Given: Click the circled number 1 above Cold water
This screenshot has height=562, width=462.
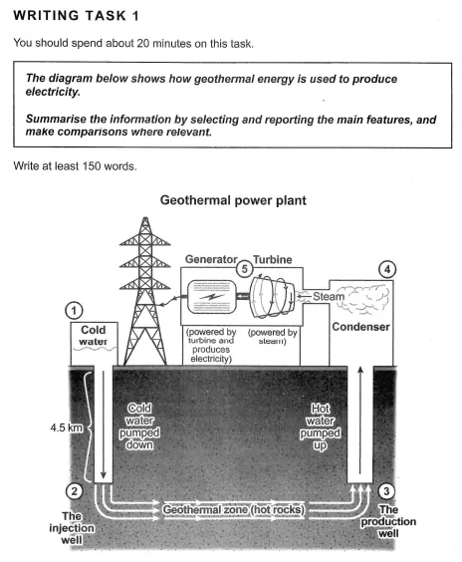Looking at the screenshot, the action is pyautogui.click(x=74, y=310).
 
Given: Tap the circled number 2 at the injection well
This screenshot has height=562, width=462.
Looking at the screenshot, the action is pyautogui.click(x=74, y=491).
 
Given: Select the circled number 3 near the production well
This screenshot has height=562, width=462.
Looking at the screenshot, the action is pyautogui.click(x=386, y=491).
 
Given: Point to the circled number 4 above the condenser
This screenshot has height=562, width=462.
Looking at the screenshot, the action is pyautogui.click(x=387, y=269).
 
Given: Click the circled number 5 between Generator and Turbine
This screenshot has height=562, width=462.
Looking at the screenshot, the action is pyautogui.click(x=245, y=268).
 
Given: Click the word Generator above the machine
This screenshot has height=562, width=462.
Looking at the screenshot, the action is pyautogui.click(x=211, y=259).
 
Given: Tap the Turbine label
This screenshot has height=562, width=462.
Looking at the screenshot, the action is pyautogui.click(x=273, y=259).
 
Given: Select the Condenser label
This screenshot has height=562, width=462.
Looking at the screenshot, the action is pyautogui.click(x=360, y=327).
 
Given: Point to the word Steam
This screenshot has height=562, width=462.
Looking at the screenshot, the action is pyautogui.click(x=329, y=296).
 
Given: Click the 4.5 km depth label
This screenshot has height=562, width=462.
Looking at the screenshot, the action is pyautogui.click(x=67, y=427).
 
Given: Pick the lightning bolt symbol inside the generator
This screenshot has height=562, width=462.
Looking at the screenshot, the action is pyautogui.click(x=212, y=297).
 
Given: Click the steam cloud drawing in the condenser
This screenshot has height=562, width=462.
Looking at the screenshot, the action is pyautogui.click(x=362, y=299).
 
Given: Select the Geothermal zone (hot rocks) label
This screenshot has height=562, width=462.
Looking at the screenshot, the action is pyautogui.click(x=234, y=509).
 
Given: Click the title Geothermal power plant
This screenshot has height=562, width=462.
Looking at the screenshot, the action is pyautogui.click(x=233, y=200).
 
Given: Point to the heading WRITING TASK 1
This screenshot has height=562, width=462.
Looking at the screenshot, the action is pyautogui.click(x=76, y=16).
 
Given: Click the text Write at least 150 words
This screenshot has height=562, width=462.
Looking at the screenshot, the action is pyautogui.click(x=76, y=166).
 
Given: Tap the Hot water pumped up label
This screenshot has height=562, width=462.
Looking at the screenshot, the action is pyautogui.click(x=321, y=426).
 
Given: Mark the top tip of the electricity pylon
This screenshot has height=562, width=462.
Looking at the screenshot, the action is pyautogui.click(x=145, y=217).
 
